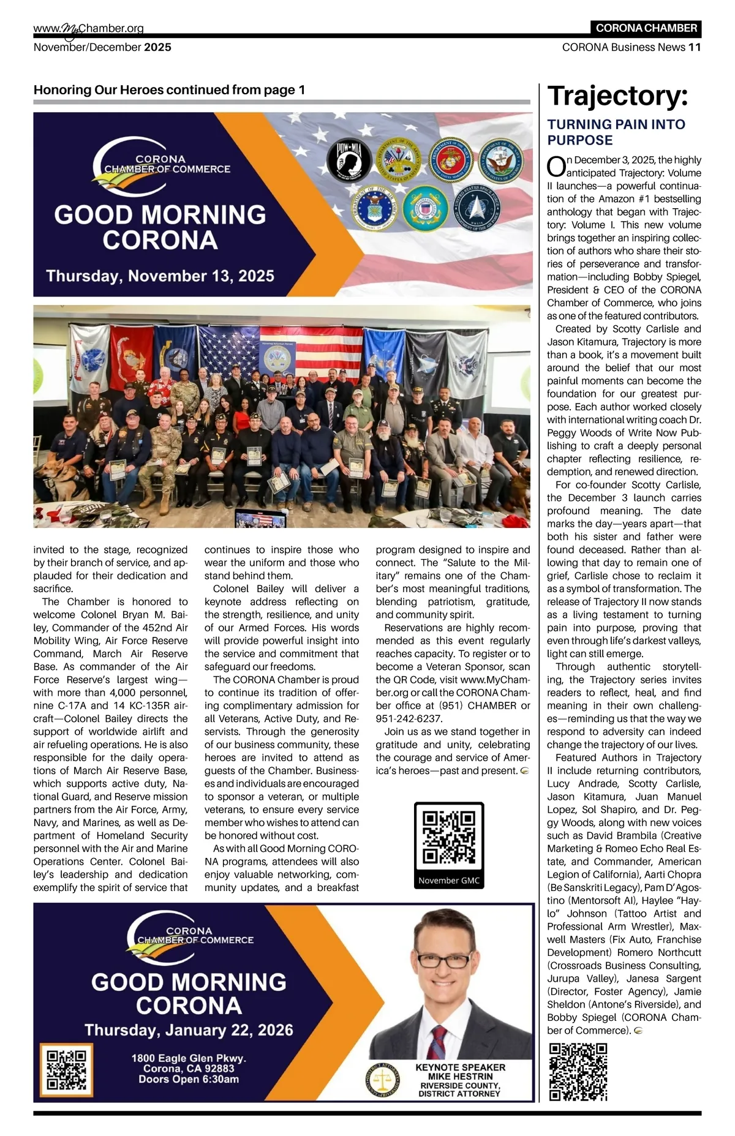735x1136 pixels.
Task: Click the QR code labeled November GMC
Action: (449, 838)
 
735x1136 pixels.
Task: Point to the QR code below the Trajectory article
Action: (578, 1071)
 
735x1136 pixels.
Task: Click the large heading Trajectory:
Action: (617, 96)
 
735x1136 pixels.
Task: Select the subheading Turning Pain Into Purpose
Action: (616, 132)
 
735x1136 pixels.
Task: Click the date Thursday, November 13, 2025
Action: (160, 276)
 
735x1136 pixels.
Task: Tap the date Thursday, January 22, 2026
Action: (189, 1030)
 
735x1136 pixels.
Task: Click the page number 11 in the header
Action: (695, 47)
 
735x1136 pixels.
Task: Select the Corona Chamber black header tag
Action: (646, 28)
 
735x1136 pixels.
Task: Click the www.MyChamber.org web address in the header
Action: (89, 28)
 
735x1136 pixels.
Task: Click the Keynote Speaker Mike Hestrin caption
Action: (460, 1080)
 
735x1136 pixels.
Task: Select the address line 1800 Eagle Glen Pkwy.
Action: (189, 1058)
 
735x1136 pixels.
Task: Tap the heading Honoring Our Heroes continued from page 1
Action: (169, 90)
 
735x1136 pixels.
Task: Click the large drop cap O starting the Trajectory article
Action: (556, 166)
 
